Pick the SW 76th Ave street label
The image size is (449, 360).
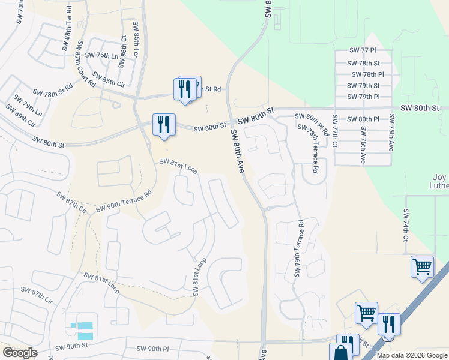364,148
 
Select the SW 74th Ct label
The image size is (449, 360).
406,226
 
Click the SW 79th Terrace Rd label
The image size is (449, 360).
298,248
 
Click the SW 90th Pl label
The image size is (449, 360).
153,349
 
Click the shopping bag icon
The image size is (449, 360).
340,352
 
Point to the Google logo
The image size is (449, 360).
20,353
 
